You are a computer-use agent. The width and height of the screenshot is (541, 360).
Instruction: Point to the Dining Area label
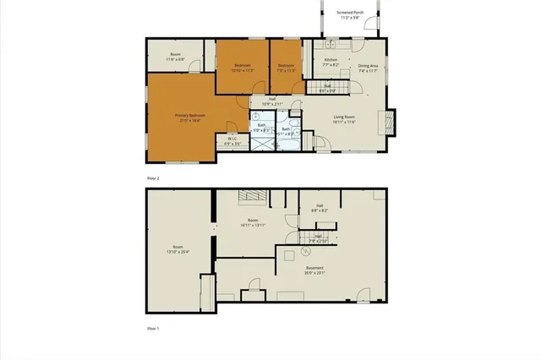[368, 68]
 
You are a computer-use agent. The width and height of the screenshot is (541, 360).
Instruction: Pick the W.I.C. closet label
[233, 140]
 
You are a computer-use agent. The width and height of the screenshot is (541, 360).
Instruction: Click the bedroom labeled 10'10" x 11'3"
[243, 68]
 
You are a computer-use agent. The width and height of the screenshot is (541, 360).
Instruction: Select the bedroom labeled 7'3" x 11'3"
[286, 68]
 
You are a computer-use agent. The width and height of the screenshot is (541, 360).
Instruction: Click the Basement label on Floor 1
[314, 270]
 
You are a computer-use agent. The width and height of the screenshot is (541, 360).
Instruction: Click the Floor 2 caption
[153, 178]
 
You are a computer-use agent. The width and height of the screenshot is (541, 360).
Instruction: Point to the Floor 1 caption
[153, 328]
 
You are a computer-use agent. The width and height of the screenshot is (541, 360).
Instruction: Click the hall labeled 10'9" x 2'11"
[272, 101]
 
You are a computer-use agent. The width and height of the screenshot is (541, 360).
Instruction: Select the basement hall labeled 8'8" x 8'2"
[320, 208]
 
